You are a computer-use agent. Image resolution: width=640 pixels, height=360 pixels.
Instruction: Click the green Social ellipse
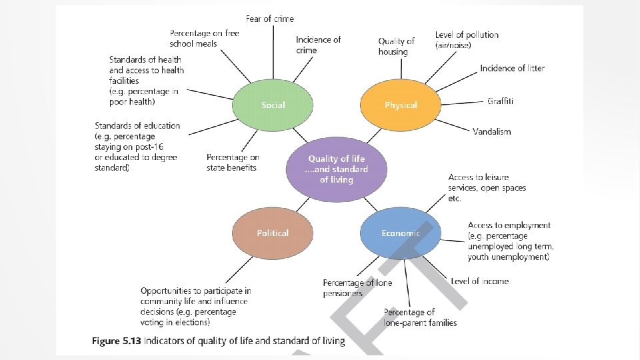tap(273, 105)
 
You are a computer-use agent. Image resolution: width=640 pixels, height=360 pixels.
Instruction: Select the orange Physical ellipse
tap(400, 105)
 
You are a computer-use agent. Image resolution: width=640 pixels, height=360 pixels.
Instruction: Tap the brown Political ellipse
tap(273, 233)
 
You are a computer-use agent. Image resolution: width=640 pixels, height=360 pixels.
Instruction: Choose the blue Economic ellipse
tap(400, 233)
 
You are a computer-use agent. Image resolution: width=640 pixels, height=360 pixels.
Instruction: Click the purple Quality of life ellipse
tap(337, 169)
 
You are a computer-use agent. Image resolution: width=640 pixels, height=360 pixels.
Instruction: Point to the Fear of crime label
tap(270, 19)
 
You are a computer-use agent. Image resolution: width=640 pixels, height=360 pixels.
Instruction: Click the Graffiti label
tap(500, 101)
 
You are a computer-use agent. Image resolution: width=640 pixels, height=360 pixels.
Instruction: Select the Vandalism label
tap(492, 131)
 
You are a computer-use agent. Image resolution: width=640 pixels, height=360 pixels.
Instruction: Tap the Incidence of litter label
tap(512, 68)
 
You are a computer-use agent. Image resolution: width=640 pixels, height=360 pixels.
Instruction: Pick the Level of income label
tap(479, 281)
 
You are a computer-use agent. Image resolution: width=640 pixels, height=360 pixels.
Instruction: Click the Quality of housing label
tap(397, 46)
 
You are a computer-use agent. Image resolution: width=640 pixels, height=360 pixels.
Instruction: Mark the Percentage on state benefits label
tap(232, 162)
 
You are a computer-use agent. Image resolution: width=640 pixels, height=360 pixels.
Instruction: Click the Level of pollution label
tap(466, 39)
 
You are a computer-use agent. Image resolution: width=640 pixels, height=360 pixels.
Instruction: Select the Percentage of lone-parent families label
tap(420, 317)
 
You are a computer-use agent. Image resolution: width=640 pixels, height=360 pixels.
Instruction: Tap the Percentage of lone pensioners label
tap(357, 287)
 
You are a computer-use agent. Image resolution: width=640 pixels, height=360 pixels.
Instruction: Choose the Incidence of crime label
tap(318, 45)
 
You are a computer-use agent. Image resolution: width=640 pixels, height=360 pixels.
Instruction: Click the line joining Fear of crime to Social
tap(273, 53)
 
